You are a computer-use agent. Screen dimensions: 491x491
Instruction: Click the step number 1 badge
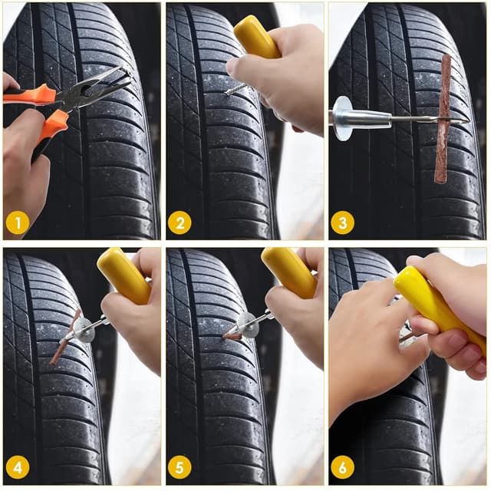18,222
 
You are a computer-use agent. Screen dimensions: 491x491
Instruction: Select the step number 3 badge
343,222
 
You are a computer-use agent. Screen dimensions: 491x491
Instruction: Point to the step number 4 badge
18,466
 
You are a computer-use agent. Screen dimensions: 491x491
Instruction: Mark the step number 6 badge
343,466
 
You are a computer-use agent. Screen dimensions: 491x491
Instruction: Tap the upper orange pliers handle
31,95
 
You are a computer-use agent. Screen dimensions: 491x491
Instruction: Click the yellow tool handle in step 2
257,36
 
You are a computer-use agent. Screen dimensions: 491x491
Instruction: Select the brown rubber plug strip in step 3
443,119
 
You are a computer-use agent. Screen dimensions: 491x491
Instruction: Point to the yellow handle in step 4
124,275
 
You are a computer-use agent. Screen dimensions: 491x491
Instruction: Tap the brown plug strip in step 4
64,338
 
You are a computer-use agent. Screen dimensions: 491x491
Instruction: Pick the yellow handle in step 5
288,272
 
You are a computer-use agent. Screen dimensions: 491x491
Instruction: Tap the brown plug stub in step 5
231,335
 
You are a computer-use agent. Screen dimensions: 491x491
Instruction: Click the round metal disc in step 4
84,329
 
